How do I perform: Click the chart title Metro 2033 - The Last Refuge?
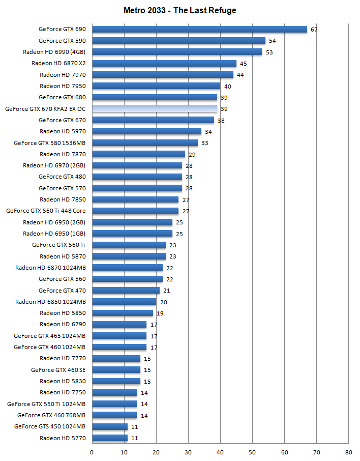coord(179,10)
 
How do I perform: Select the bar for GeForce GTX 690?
coord(199,29)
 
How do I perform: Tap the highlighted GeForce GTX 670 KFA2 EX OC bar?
coord(155,109)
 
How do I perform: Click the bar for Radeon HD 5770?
coord(110,438)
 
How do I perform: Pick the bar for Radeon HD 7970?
coord(163,75)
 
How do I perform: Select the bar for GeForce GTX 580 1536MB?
coord(145,143)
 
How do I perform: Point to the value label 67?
coord(314,30)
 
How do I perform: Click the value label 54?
coord(272,41)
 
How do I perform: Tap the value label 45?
coord(243,64)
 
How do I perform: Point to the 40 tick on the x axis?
coord(220,452)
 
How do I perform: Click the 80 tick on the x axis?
coord(348,452)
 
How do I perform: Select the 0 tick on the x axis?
coord(92,452)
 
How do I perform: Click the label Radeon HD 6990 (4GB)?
coord(54,52)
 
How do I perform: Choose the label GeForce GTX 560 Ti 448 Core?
coord(46,211)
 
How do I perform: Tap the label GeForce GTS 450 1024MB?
coord(50,426)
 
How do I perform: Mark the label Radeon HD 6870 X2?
coord(58,64)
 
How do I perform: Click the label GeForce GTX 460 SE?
coord(58,370)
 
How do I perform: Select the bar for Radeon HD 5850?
coord(123,313)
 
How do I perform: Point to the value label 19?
coord(160,313)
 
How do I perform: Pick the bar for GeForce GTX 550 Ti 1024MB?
coord(114,404)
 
